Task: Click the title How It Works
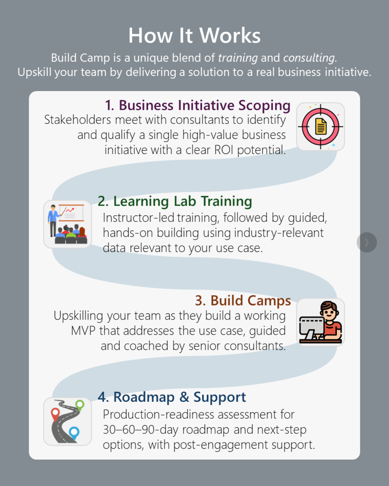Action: pyautogui.click(x=194, y=36)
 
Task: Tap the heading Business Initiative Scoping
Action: pyautogui.click(x=198, y=105)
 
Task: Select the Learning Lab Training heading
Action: pyautogui.click(x=175, y=201)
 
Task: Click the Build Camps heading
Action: pyautogui.click(x=243, y=301)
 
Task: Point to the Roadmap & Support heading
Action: pyautogui.click(x=172, y=397)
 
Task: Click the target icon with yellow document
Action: pyautogui.click(x=321, y=127)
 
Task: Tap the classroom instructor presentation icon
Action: pyautogui.click(x=68, y=224)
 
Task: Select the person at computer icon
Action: pyautogui.click(x=321, y=322)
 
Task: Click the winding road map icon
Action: pyautogui.click(x=68, y=422)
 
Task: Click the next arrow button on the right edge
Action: pyautogui.click(x=367, y=242)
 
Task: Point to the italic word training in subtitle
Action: pyautogui.click(x=238, y=58)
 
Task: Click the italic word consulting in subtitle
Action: pyautogui.click(x=309, y=58)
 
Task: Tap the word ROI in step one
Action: pyautogui.click(x=224, y=150)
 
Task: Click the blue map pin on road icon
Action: pyautogui.click(x=74, y=432)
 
